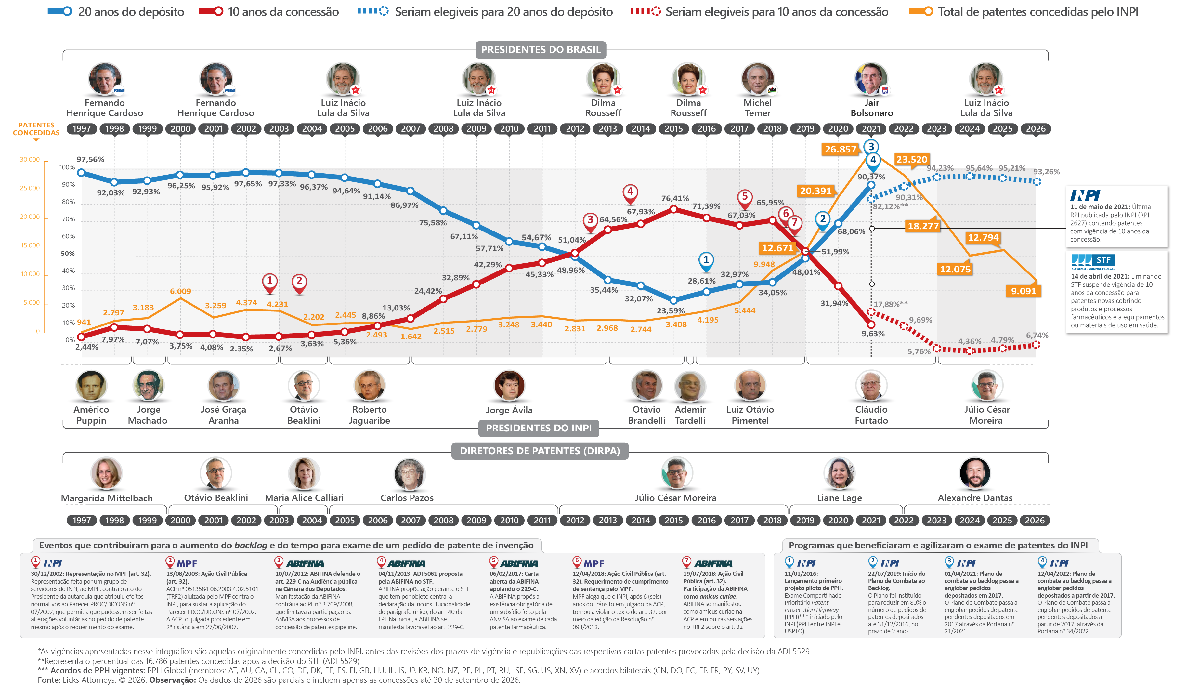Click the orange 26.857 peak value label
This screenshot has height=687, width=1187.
(x=840, y=149)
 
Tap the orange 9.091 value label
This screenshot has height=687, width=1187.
(x=1023, y=291)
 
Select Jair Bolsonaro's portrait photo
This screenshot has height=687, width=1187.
(x=871, y=79)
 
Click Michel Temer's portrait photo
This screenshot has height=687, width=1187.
(x=757, y=79)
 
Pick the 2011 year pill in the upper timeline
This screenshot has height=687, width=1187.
(x=542, y=129)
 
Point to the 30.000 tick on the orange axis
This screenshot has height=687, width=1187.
(x=30, y=160)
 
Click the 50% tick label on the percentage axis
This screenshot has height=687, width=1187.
(x=68, y=254)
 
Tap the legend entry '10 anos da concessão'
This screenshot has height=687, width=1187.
(x=268, y=12)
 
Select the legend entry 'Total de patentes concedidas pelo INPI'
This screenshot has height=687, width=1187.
(x=1023, y=12)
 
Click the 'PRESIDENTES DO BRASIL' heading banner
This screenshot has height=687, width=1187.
(x=541, y=49)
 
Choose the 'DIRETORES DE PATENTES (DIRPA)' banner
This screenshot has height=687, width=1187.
(x=540, y=451)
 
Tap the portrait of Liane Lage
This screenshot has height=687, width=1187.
(x=839, y=473)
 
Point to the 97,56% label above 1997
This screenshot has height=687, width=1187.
(x=90, y=159)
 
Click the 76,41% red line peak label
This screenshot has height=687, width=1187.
(x=675, y=198)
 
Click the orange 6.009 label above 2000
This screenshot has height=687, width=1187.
(x=180, y=291)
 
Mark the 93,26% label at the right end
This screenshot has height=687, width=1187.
(x=1047, y=172)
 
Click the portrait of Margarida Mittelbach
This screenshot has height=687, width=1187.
(x=107, y=473)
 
